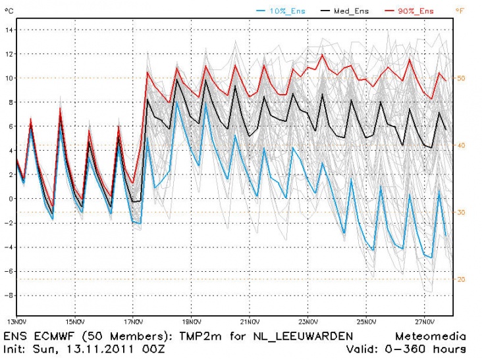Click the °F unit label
[460, 10]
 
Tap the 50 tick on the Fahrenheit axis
[462, 78]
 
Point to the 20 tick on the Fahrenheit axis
[462, 279]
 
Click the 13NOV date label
[16, 322]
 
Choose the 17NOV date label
[133, 322]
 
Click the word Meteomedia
[431, 336]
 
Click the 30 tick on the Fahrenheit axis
[462, 212]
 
